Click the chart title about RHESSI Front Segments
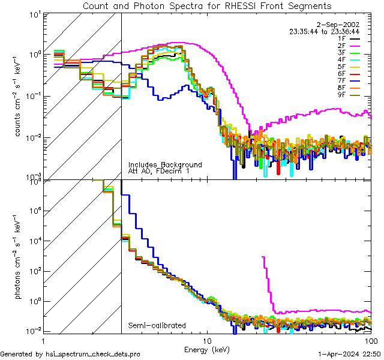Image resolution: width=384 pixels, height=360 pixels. [x=206, y=5]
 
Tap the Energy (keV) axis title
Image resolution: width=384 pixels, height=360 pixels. [x=207, y=349]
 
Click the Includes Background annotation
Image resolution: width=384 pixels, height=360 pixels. [x=165, y=164]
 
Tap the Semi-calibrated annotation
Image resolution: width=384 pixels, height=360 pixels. [x=157, y=326]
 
